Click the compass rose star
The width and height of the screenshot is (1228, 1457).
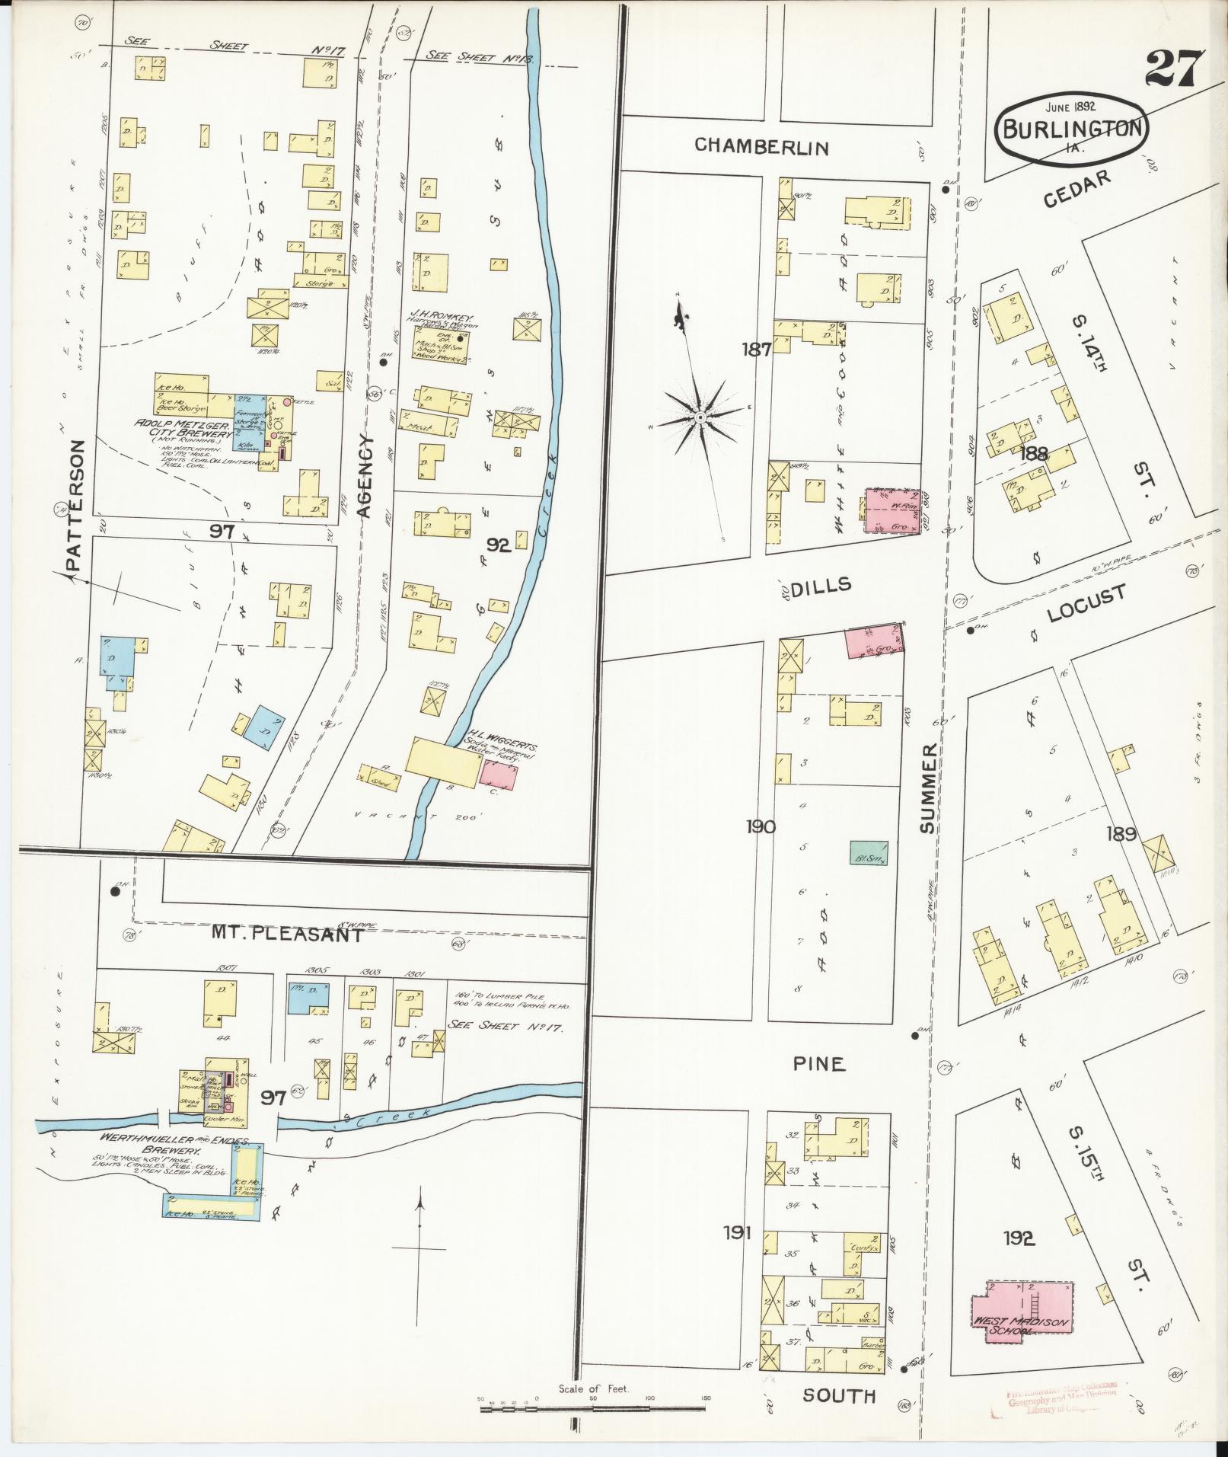699,417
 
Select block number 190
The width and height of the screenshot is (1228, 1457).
761,826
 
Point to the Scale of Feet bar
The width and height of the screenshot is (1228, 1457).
594,1409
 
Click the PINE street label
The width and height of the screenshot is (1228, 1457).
820,1064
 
